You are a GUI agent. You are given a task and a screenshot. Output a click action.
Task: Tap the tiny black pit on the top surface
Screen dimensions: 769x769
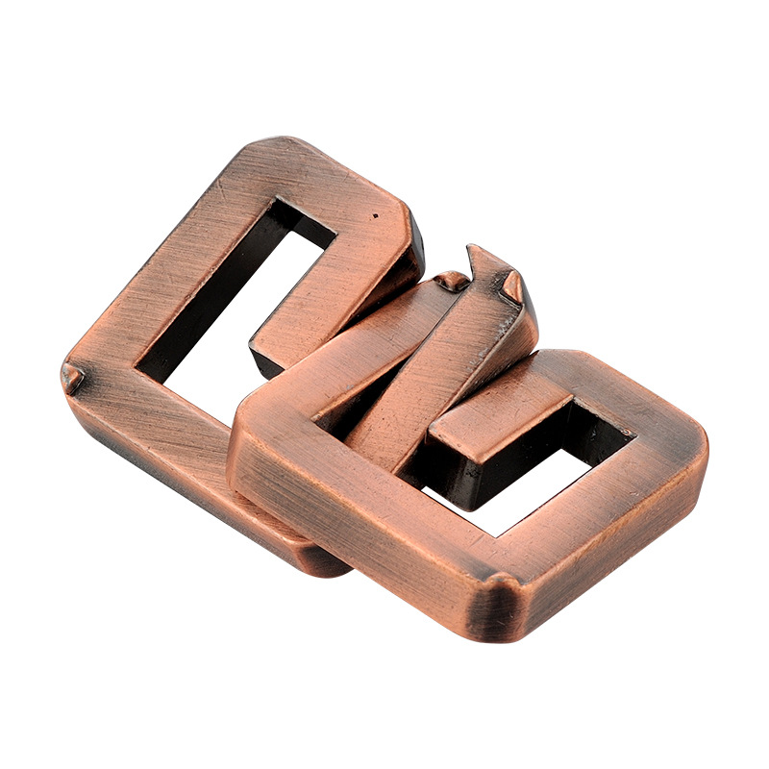374,210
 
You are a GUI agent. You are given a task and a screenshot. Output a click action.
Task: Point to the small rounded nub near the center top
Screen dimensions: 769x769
451,281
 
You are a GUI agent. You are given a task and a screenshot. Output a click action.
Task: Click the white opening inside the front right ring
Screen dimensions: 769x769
524,500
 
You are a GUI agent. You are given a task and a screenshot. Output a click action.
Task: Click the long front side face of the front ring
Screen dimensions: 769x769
365,538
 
